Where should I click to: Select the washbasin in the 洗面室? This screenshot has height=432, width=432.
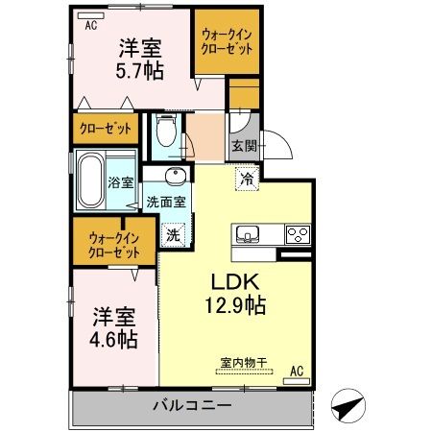coord(176,178)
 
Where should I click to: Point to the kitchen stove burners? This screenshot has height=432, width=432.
coord(297,233)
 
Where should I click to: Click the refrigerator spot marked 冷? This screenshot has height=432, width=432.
coord(246,179)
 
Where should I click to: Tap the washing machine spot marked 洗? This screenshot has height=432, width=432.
coord(173,233)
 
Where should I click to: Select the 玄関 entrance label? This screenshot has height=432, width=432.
coord(243,146)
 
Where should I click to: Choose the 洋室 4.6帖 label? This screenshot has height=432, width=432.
coord(114,326)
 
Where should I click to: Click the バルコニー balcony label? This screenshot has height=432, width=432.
coord(192,405)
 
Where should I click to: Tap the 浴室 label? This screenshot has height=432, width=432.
coord(120,182)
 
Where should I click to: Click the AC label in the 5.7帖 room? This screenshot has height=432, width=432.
coord(91,26)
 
